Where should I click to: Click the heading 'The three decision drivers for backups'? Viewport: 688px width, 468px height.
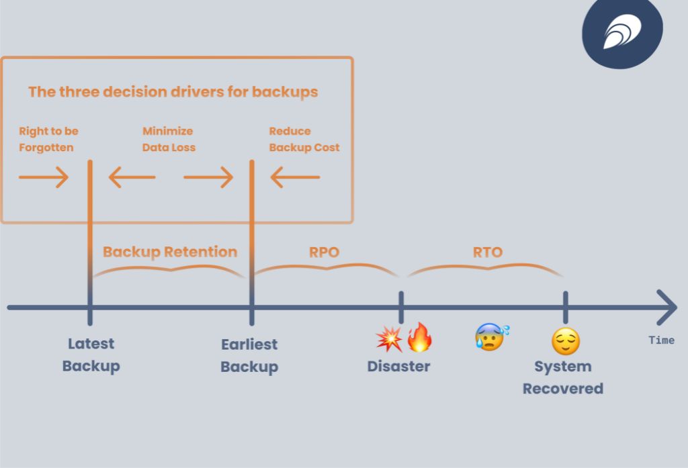[x=173, y=92]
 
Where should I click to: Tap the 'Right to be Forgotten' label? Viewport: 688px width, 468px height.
[x=48, y=139]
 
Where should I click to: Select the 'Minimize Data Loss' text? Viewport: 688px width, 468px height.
[x=169, y=139]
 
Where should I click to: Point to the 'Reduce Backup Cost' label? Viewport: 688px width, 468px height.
[x=304, y=139]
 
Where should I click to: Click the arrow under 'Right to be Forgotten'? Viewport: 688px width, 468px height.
[x=44, y=177]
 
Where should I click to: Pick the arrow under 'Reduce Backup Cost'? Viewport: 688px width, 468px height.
[x=295, y=177]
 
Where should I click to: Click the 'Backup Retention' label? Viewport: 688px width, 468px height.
[x=170, y=252]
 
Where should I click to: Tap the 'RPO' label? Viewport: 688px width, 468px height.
[x=324, y=252]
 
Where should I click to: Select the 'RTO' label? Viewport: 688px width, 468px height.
[x=487, y=252]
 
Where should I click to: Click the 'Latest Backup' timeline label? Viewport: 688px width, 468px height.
[x=91, y=355]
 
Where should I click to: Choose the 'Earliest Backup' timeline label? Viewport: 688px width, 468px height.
[x=249, y=355]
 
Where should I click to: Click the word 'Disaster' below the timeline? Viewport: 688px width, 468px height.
[x=398, y=366]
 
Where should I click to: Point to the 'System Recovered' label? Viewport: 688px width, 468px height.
[x=563, y=377]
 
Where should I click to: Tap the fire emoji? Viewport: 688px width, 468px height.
[x=420, y=337]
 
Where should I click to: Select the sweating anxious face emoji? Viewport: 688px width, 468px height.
[x=491, y=336]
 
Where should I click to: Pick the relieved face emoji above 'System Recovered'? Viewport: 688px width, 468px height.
[x=565, y=342]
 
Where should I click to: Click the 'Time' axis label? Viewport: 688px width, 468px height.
[x=661, y=340]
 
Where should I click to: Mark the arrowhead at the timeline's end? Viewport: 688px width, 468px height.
[x=667, y=308]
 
